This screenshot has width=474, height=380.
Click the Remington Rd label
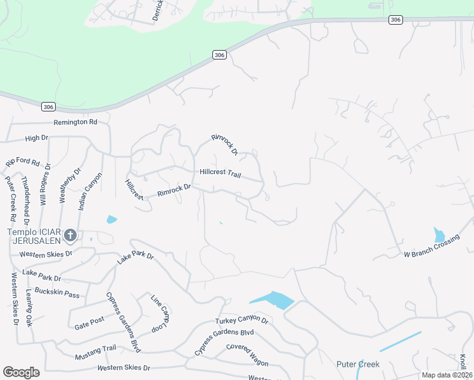click(x=75, y=122)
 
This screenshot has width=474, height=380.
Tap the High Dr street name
click(x=36, y=137)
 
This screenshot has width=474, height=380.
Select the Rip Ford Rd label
click(x=23, y=163)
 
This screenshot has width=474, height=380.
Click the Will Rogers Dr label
click(x=44, y=184)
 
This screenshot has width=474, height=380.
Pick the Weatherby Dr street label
click(x=62, y=184)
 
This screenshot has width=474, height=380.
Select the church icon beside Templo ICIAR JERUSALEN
click(x=70, y=236)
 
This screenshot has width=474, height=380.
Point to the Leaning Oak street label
click(x=29, y=307)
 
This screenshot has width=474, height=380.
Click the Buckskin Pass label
click(x=58, y=294)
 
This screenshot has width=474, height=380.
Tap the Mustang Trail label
click(x=96, y=349)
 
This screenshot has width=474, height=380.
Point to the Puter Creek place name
click(x=358, y=364)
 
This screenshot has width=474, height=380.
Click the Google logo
click(x=22, y=372)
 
